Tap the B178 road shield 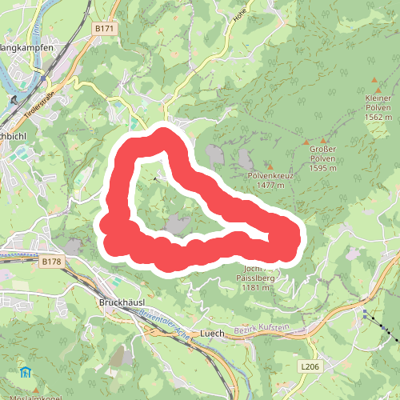(x=51, y=262)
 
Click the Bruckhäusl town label (x=120, y=303)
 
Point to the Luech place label (x=213, y=333)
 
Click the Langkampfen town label (x=26, y=47)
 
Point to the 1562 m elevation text (x=378, y=117)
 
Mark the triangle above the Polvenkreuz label (x=270, y=166)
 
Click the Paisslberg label (x=256, y=278)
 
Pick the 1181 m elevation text (x=256, y=288)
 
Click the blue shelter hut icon (x=26, y=372)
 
